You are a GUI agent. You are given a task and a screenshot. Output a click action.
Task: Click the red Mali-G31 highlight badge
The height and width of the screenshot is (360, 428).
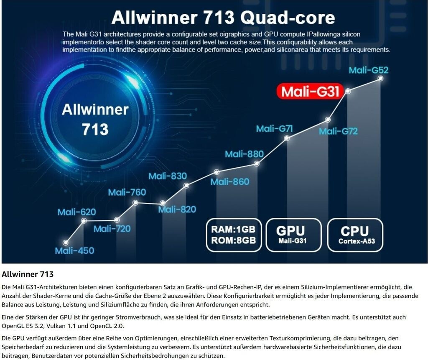(310, 92)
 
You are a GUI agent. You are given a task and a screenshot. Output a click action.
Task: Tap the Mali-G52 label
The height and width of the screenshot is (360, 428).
(368, 70)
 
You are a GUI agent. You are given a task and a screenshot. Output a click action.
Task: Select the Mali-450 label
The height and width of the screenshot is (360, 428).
(74, 251)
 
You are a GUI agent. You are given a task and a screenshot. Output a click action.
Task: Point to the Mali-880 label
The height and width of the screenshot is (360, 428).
(244, 154)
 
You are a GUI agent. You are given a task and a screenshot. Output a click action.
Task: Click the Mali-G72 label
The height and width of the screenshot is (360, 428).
(338, 131)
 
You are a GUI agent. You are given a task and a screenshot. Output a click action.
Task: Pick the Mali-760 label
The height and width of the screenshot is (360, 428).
(127, 192)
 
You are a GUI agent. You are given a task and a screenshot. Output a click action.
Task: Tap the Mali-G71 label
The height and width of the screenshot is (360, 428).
(274, 128)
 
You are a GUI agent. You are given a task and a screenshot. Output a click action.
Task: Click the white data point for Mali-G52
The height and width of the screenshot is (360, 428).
(380, 78)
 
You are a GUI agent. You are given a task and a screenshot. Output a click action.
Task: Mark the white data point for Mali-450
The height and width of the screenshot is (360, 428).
(66, 243)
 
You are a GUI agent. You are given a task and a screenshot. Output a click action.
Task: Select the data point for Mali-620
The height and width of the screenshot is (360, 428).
(84, 220)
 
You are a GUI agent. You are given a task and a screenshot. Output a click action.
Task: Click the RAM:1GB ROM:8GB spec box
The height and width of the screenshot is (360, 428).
(233, 235)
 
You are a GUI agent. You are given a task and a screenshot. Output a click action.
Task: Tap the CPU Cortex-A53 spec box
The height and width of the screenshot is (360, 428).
(354, 235)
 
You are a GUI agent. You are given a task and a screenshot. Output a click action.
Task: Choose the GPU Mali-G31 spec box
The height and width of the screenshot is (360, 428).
(293, 235)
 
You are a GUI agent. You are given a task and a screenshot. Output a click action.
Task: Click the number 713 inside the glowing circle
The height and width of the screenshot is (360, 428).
(95, 129)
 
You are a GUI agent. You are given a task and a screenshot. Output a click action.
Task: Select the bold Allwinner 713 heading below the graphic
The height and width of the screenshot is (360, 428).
(28, 274)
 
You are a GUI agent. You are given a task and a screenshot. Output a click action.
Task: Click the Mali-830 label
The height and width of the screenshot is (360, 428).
(168, 176)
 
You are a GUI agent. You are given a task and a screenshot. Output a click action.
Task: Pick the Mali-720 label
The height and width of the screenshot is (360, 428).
(112, 229)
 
